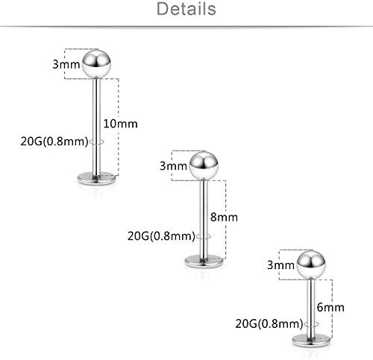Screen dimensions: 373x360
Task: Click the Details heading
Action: pyautogui.click(x=186, y=9)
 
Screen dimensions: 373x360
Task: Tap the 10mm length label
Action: pyautogui.click(x=120, y=124)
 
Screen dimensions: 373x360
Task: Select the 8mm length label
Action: pyautogui.click(x=224, y=217)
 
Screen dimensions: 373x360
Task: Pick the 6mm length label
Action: pyautogui.click(x=330, y=308)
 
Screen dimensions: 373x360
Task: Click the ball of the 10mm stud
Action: pyautogui.click(x=96, y=64)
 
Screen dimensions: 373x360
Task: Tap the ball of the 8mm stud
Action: pyautogui.click(x=204, y=165)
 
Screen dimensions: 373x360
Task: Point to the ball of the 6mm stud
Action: pyautogui.click(x=311, y=265)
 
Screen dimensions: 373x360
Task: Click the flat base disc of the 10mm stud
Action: pyautogui.click(x=96, y=178)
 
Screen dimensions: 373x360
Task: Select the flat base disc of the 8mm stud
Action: pyautogui.click(x=204, y=262)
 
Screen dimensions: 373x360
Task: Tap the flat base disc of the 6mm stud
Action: pyautogui.click(x=311, y=341)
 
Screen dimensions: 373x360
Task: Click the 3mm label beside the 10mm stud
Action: pyautogui.click(x=66, y=64)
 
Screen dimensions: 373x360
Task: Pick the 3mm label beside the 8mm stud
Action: pyautogui.click(x=173, y=166)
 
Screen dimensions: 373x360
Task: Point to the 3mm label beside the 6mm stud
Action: pyautogui.click(x=280, y=265)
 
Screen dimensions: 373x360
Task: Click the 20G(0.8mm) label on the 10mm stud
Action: pyautogui.click(x=54, y=142)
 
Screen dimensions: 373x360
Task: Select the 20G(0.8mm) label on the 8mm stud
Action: pyautogui.click(x=162, y=236)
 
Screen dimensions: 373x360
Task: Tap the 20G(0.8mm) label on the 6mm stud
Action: pyautogui.click(x=269, y=323)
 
